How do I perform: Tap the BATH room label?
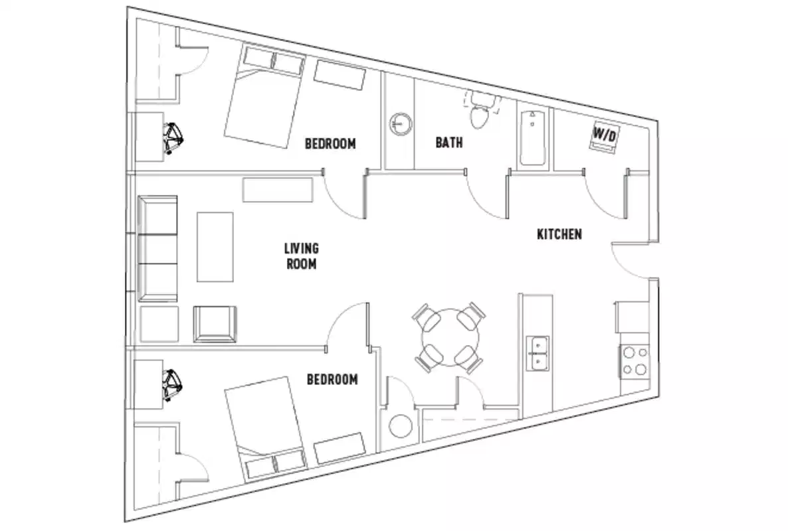(449, 142)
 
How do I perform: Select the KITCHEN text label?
(559, 234)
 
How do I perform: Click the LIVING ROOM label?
(301, 256)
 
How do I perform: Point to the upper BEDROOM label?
(330, 143)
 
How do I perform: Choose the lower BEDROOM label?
(332, 380)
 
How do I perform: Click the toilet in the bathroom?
(478, 115)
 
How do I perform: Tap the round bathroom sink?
(400, 123)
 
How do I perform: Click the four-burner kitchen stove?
(634, 361)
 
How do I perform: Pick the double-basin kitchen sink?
(538, 353)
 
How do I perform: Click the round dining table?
(449, 337)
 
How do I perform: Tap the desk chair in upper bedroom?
(175, 137)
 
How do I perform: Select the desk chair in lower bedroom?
(173, 385)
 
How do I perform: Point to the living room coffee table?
(215, 247)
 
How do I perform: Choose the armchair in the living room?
(215, 323)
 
